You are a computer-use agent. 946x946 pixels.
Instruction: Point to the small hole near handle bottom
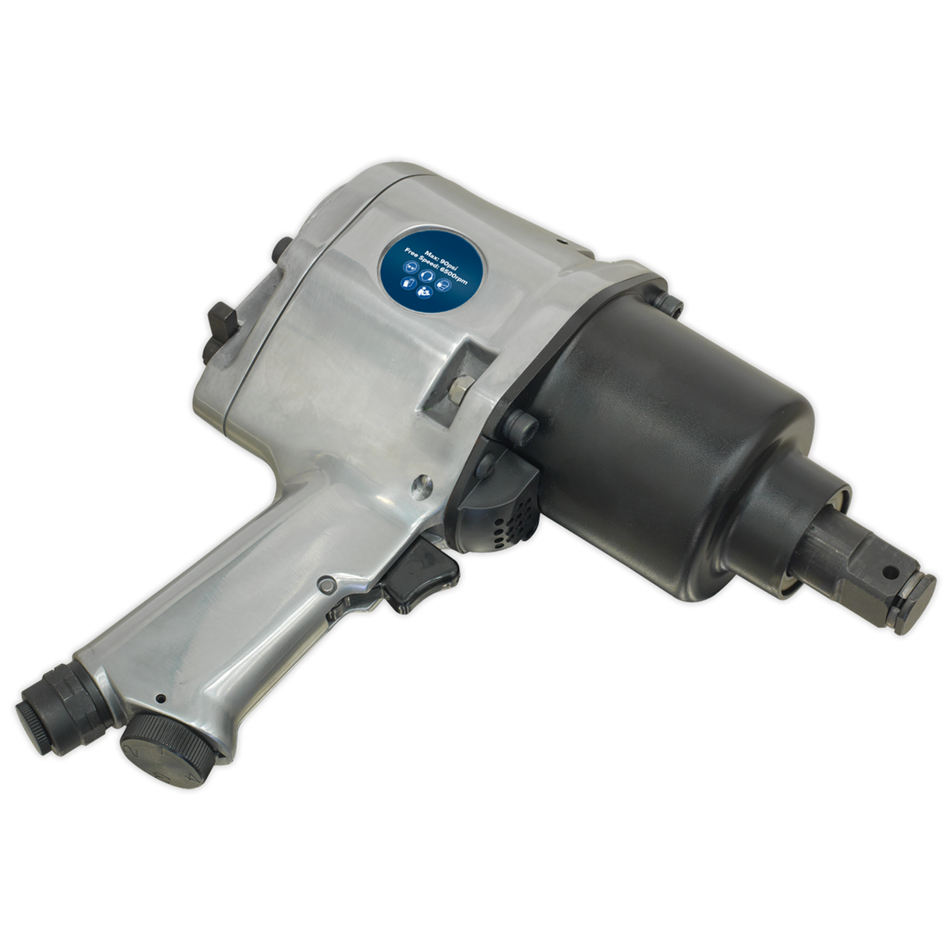coord(159,698)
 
